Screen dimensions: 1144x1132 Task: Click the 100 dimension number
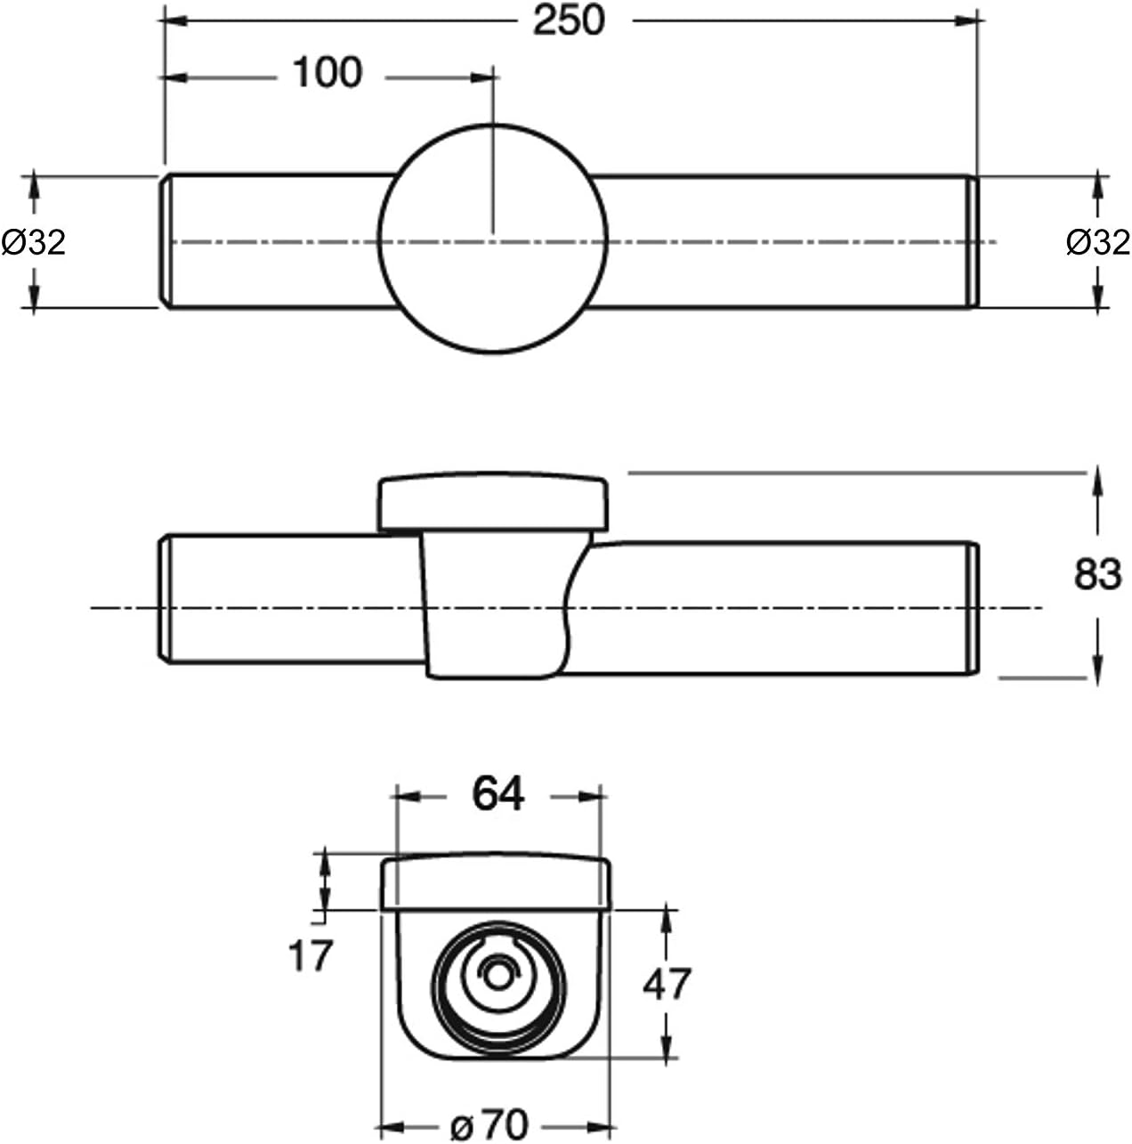(x=327, y=73)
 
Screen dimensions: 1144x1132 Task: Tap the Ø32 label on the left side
(x=34, y=242)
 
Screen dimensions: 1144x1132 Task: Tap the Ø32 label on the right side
(x=1097, y=242)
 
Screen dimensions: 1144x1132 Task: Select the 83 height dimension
(x=1097, y=575)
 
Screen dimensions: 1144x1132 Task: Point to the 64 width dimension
(x=498, y=793)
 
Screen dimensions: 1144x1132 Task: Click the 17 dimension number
(x=311, y=956)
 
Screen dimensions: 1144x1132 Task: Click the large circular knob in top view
(x=492, y=239)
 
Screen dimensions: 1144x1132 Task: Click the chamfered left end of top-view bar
(x=166, y=242)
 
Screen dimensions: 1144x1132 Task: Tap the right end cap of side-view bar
(x=974, y=607)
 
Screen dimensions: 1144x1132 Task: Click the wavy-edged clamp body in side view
(x=494, y=605)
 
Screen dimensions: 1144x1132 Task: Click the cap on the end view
(x=496, y=883)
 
